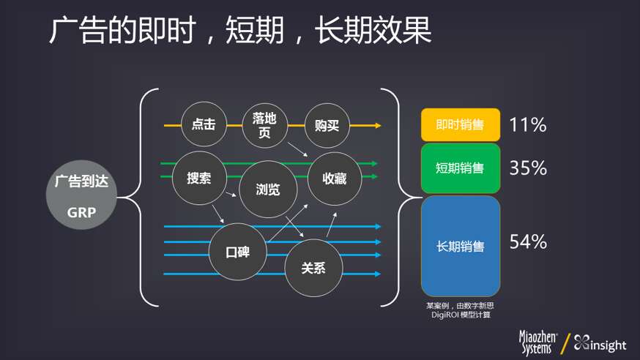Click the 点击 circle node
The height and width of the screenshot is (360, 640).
pos(204,124)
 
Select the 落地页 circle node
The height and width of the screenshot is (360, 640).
pos(265,125)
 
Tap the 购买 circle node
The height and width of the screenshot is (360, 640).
pos(327,126)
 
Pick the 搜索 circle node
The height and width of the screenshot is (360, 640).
pos(199,178)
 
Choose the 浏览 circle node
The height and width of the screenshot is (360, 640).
pos(268,190)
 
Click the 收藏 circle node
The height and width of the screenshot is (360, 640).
pos(335,179)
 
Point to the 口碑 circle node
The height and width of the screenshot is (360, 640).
pos(238,252)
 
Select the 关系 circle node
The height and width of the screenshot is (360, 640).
pos(313,268)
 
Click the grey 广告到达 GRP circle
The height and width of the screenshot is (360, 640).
pos(81,195)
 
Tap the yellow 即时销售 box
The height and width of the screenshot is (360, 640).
pos(461,125)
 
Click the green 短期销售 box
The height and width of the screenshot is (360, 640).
pos(461,168)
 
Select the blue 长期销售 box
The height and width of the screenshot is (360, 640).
pos(461,247)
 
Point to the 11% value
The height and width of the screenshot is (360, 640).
pos(528,125)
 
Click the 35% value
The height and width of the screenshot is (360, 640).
pos(528,168)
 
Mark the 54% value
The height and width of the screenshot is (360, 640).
pos(528,241)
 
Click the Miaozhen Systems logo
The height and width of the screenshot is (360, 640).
pos(537,342)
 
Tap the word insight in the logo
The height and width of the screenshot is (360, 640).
pos(609,345)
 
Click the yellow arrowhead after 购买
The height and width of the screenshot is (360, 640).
pos(378,126)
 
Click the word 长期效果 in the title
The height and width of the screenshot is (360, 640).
pos(373,30)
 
